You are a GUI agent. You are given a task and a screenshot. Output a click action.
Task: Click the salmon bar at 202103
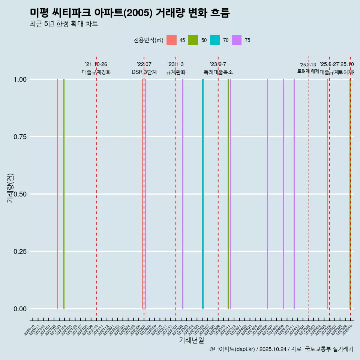coord(57,194)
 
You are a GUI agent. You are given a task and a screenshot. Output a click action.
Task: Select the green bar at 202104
coord(64,194)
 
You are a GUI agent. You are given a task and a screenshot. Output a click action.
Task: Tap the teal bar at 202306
coord(203,194)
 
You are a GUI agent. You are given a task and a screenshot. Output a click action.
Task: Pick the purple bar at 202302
coord(183,194)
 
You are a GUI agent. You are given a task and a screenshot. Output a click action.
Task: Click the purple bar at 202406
coord(267,194)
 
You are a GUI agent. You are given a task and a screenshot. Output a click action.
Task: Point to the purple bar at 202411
coord(294,194)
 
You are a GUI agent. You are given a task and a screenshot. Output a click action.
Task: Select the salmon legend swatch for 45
coord(171,40)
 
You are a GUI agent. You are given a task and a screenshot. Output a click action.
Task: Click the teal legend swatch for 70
coord(215,40)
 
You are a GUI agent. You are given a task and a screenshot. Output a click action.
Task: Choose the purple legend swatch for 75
coord(237,40)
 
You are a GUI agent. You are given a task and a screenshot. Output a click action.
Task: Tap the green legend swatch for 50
coord(193,40)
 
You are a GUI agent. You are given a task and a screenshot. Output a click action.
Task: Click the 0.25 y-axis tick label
coord(19,252)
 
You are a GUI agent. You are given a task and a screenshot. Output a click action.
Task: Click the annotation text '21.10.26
coord(96,64)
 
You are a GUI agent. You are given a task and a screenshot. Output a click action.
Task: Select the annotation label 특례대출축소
coord(218,72)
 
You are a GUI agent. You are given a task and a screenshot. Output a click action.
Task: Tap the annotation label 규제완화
coord(176,72)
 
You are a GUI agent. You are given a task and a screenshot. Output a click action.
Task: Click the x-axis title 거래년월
coord(191,340)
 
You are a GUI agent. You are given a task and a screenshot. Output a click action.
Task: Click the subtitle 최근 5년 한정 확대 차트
coord(64,24)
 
